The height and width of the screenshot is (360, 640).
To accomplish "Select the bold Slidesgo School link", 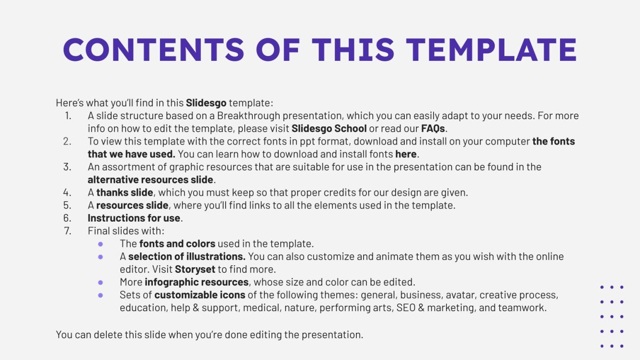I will [329, 129].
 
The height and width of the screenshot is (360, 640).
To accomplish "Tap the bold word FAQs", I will [433, 129].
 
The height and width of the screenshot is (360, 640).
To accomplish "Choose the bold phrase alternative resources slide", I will [150, 180].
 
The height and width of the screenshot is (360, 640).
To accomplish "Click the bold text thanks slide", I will [125, 192].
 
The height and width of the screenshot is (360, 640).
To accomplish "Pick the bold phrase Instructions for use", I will [134, 218].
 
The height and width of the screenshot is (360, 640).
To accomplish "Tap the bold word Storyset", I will [195, 269].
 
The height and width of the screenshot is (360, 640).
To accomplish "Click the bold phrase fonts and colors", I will [177, 244].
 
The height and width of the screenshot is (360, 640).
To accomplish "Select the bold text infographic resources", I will [196, 282].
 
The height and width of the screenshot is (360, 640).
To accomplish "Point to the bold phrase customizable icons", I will [200, 295].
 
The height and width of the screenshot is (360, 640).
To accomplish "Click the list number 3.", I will [67, 167].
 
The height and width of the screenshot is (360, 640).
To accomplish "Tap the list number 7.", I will [67, 231].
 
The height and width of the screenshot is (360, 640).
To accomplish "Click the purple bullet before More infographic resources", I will [101, 282].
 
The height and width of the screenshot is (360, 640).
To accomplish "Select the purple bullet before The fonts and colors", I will [101, 244].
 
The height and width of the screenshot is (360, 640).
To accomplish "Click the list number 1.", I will [67, 116].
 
